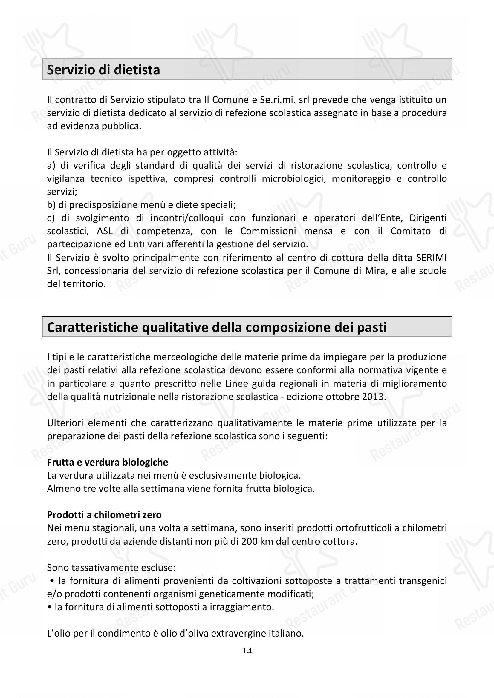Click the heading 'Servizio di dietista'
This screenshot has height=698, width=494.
pos(103,70)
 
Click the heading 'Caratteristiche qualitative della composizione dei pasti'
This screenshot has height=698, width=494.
pos(217,327)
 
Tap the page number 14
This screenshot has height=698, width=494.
pos(247,651)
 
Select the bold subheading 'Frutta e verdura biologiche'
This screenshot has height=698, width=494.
pos(108,462)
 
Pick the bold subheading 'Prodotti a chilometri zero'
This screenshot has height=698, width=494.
pos(104,515)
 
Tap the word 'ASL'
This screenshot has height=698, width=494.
pos(105,231)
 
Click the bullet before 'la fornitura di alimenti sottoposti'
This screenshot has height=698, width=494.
pos(50,607)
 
